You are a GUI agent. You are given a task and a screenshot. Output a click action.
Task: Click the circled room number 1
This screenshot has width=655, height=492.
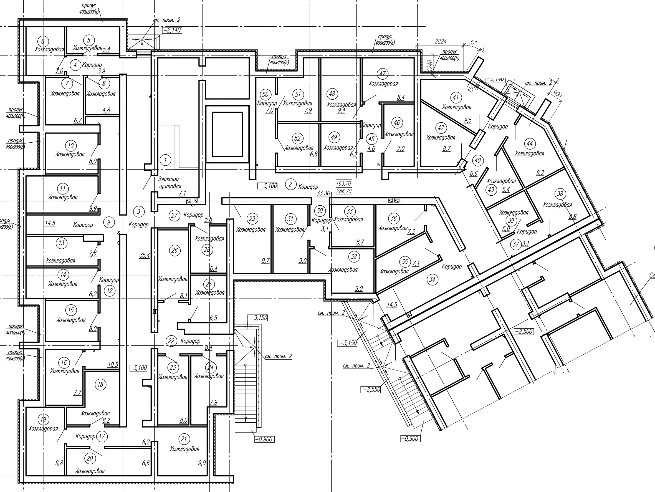click(x=165, y=160)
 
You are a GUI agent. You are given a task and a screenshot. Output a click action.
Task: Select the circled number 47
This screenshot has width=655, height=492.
click(x=383, y=74)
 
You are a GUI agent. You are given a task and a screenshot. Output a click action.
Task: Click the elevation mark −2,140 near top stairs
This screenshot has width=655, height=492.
click(x=172, y=30)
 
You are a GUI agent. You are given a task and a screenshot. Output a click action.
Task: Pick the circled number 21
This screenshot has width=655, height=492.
click(x=184, y=439)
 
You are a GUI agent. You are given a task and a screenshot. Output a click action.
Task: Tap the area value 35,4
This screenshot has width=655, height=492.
click(x=145, y=255)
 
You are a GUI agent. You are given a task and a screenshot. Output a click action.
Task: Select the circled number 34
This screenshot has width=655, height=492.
click(x=432, y=279)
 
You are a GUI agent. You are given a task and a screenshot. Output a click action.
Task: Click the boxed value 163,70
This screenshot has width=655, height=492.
click(x=344, y=184)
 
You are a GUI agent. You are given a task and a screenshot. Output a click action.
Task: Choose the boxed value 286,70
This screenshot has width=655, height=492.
click(x=344, y=191)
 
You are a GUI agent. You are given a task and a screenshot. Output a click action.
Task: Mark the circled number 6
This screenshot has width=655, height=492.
click(x=43, y=41)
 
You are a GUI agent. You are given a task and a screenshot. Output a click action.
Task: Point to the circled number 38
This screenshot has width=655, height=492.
click(x=560, y=194)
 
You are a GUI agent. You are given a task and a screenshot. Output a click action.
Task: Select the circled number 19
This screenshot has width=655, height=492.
click(x=44, y=419)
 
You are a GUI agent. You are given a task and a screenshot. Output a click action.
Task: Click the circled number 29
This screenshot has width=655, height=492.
click(x=252, y=219)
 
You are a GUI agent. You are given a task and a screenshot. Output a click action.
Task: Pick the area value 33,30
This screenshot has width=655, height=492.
click(x=323, y=193)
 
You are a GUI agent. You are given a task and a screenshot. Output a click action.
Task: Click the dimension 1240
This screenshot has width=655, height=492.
click(x=430, y=65)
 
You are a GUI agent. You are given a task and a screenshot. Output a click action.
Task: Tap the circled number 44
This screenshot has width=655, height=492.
click(x=530, y=144)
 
